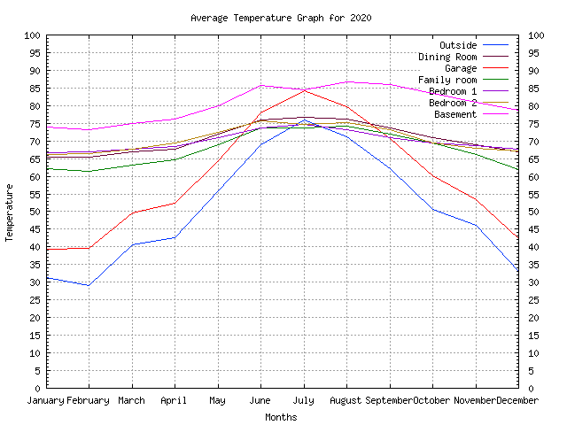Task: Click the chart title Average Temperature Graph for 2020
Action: tap(281, 18)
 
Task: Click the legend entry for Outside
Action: tap(458, 45)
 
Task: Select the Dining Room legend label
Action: tap(447, 57)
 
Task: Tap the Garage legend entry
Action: tap(461, 68)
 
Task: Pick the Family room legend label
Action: tap(447, 80)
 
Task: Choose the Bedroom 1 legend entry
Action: tap(453, 91)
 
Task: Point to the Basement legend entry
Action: tap(455, 114)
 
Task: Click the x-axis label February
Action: tap(89, 400)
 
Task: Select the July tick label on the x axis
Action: tap(304, 400)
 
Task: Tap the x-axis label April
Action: tap(175, 400)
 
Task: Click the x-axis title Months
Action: tap(281, 417)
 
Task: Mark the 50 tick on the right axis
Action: tap(534, 212)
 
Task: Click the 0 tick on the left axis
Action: tap(37, 388)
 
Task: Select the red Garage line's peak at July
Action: tap(304, 89)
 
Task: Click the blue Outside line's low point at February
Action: tap(89, 285)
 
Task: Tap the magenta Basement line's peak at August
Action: tap(346, 81)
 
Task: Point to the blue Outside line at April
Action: tap(175, 237)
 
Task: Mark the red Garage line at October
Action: tap(433, 175)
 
